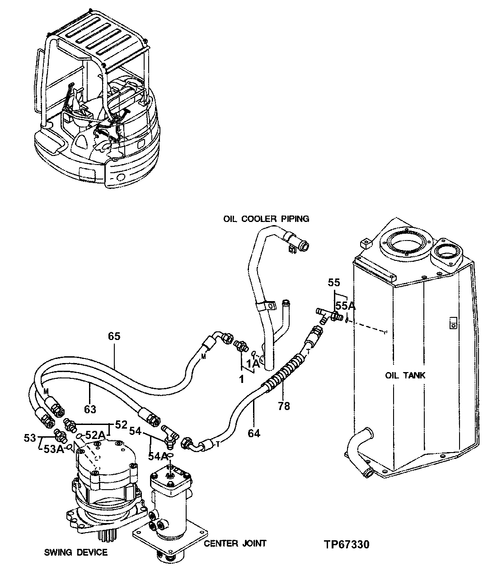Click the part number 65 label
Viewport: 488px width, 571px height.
point(114,336)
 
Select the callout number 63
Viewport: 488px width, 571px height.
point(90,410)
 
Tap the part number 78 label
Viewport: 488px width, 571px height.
point(284,406)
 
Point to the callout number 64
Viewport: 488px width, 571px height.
point(254,434)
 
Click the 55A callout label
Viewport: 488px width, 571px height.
point(346,306)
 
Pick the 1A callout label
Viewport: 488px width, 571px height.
point(253,363)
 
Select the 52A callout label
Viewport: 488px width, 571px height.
point(96,435)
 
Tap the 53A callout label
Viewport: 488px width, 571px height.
point(54,448)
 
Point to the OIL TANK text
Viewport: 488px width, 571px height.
point(405,375)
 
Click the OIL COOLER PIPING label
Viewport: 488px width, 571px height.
point(266,219)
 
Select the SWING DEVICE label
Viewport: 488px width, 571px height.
point(76,552)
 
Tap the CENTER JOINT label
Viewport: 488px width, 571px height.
point(235,543)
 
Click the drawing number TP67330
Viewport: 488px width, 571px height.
point(346,544)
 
